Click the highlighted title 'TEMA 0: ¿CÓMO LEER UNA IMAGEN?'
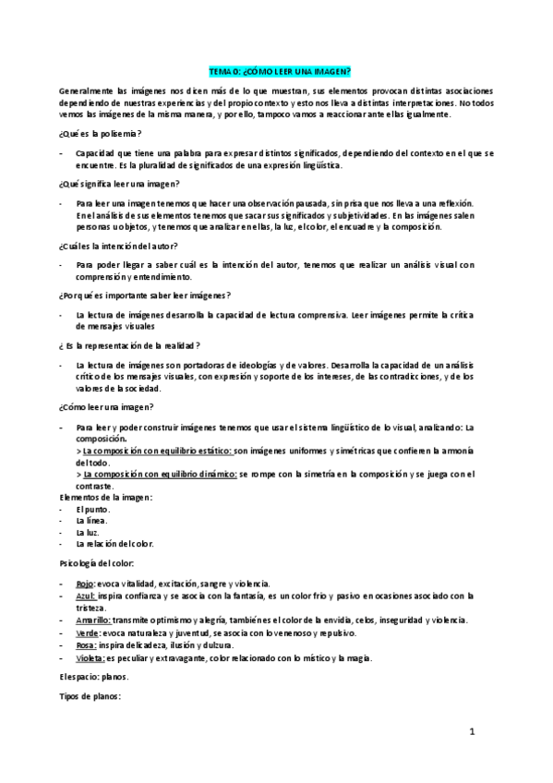click(x=281, y=71)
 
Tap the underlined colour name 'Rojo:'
click(x=86, y=584)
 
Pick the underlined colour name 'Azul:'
click(x=86, y=596)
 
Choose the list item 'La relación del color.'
click(x=114, y=545)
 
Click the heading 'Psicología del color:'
click(x=96, y=563)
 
